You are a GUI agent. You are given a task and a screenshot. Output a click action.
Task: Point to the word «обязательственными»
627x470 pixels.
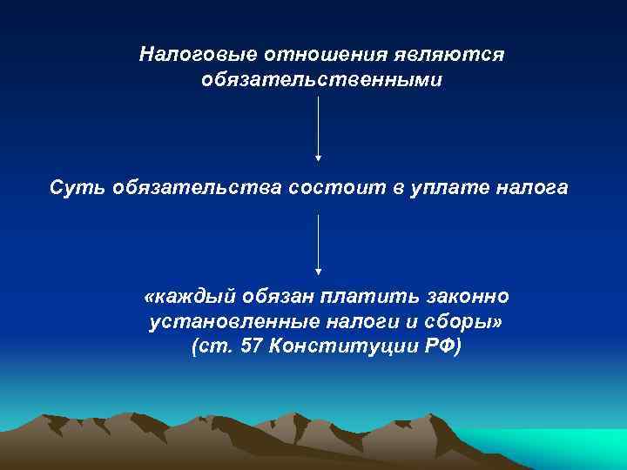[x=321, y=80]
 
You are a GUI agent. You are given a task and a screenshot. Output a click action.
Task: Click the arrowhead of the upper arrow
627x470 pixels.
[x=319, y=158]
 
